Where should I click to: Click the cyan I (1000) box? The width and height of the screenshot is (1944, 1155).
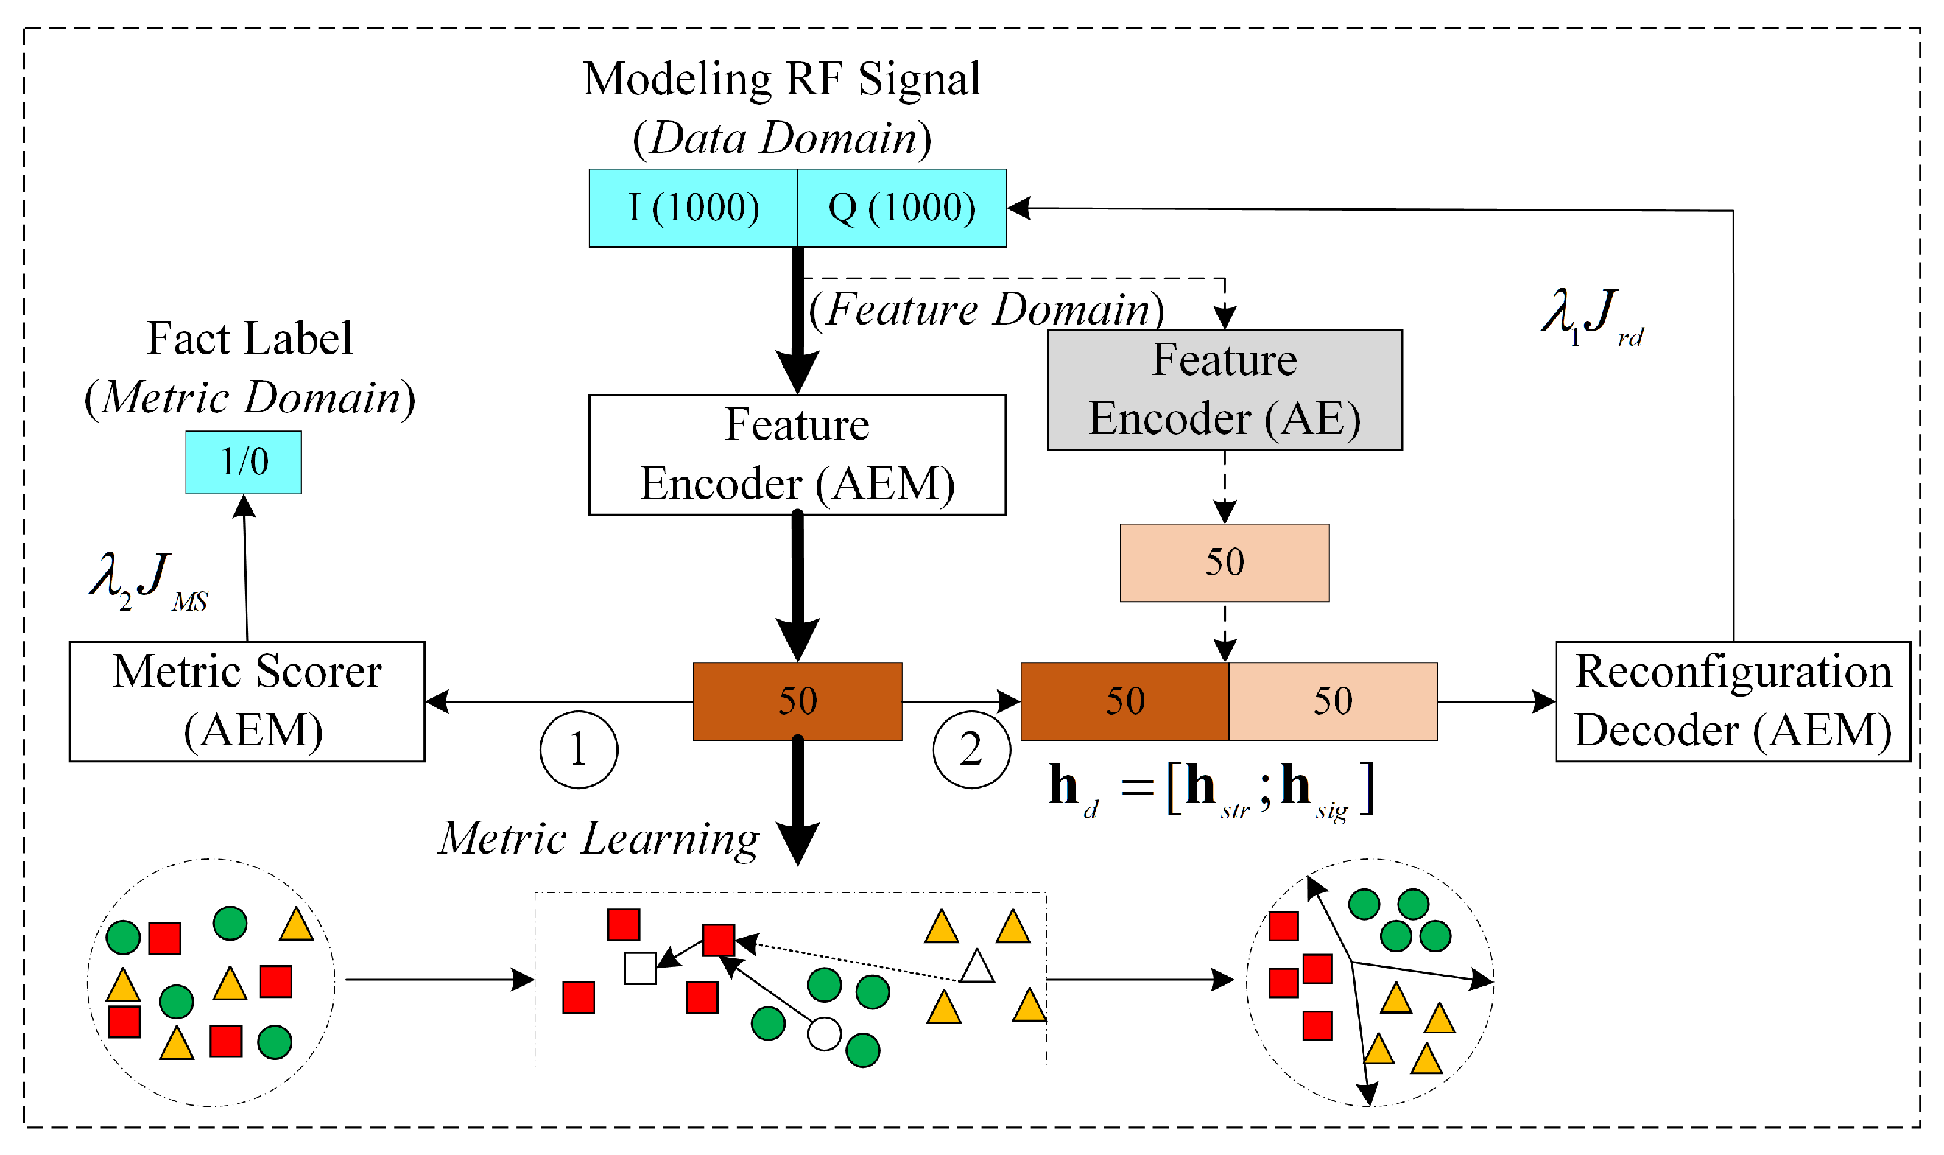tap(693, 208)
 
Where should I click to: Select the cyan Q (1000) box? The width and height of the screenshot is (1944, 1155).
tap(901, 208)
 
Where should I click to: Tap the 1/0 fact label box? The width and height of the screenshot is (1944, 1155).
tap(244, 463)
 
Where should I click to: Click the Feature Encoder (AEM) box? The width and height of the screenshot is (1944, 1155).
tap(797, 455)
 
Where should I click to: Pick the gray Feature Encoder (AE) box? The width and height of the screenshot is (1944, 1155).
tap(1225, 390)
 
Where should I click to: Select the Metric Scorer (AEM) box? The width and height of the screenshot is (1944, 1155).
tap(247, 701)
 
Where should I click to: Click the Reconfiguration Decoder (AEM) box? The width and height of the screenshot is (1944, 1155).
tap(1733, 701)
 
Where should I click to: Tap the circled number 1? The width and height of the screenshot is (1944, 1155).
tap(579, 750)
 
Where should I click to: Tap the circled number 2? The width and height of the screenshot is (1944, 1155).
tap(971, 750)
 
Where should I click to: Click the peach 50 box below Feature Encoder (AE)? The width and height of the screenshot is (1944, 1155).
tap(1225, 563)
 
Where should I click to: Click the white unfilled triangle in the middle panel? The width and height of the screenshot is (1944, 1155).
tap(977, 967)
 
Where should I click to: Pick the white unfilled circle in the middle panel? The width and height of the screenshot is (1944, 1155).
tap(825, 1034)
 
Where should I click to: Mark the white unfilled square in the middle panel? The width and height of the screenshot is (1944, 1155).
tap(640, 968)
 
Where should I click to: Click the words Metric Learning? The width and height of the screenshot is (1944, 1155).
tap(598, 838)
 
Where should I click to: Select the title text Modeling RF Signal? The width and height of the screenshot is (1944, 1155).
tap(781, 80)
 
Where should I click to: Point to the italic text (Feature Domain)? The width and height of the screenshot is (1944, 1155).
tap(987, 310)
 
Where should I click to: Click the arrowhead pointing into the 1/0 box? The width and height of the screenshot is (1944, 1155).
tap(244, 506)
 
